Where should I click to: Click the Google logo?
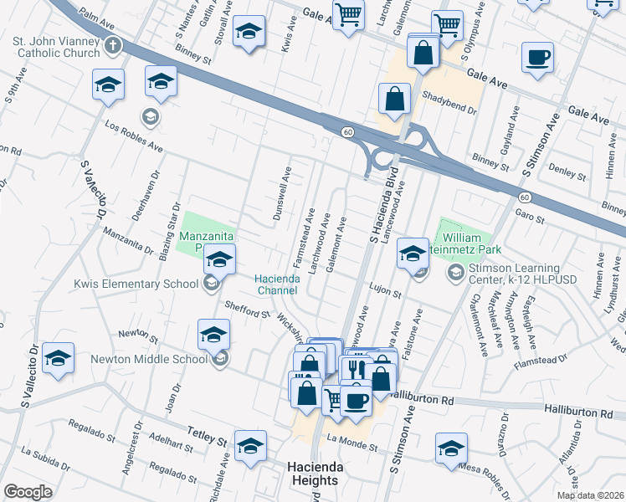coord(28,492)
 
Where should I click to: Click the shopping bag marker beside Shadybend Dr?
coord(393,99)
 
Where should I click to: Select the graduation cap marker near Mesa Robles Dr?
coord(451,447)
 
